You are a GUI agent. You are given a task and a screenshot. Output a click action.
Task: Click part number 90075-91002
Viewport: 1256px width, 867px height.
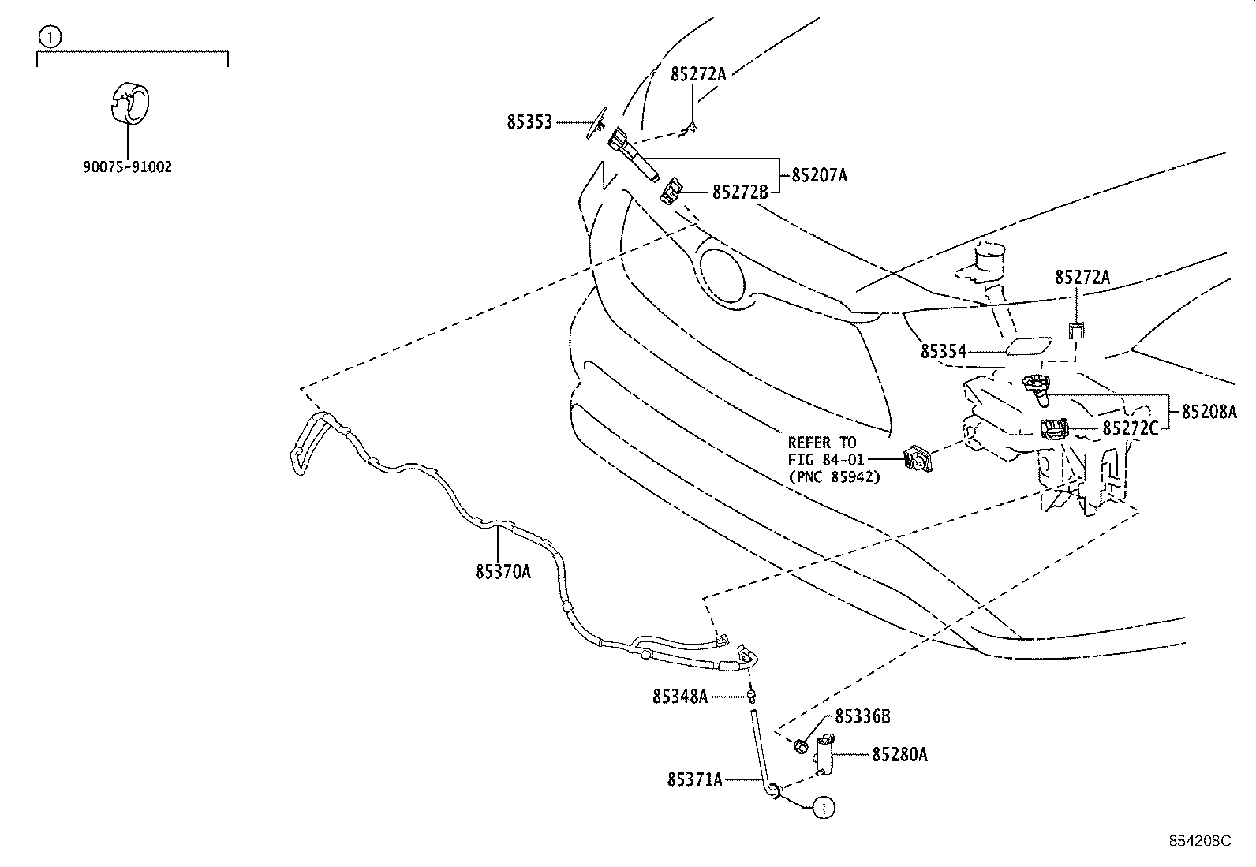point(127,167)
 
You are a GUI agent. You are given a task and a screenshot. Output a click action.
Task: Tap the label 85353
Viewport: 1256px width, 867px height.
point(529,121)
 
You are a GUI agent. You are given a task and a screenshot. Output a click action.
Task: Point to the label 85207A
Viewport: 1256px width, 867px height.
point(819,176)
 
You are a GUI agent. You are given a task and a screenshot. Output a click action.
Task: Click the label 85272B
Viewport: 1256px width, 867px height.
point(740,192)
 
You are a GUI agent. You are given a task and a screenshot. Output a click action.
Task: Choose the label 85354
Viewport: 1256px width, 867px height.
point(943,352)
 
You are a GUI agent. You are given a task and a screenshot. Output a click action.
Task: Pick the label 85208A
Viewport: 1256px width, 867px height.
point(1209,412)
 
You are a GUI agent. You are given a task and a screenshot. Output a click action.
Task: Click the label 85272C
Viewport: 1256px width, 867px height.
point(1130,428)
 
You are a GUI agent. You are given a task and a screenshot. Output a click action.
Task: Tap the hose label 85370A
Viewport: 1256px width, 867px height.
point(503,571)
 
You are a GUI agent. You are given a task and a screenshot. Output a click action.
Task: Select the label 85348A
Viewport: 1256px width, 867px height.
point(680,697)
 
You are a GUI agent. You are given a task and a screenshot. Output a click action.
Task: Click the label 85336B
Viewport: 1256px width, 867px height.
point(862,716)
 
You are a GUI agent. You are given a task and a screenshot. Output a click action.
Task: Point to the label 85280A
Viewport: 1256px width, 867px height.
point(899,755)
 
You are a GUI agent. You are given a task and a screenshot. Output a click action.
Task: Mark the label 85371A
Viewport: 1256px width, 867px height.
point(695,779)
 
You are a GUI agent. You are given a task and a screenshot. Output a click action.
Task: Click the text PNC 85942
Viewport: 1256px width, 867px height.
point(838,476)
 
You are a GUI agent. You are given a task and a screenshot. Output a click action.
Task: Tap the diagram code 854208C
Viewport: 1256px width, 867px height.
point(1200,841)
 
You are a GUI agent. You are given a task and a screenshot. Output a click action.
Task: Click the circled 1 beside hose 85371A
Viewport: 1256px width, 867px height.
point(824,808)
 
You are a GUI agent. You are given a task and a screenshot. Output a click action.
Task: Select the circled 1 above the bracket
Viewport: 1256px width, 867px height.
point(50,38)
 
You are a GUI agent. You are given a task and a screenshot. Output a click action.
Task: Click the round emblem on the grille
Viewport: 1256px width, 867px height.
point(722,276)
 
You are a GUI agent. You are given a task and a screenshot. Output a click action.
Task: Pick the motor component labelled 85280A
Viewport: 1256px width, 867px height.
point(824,755)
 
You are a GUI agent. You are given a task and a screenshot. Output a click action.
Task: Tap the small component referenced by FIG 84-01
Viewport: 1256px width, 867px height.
point(918,458)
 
